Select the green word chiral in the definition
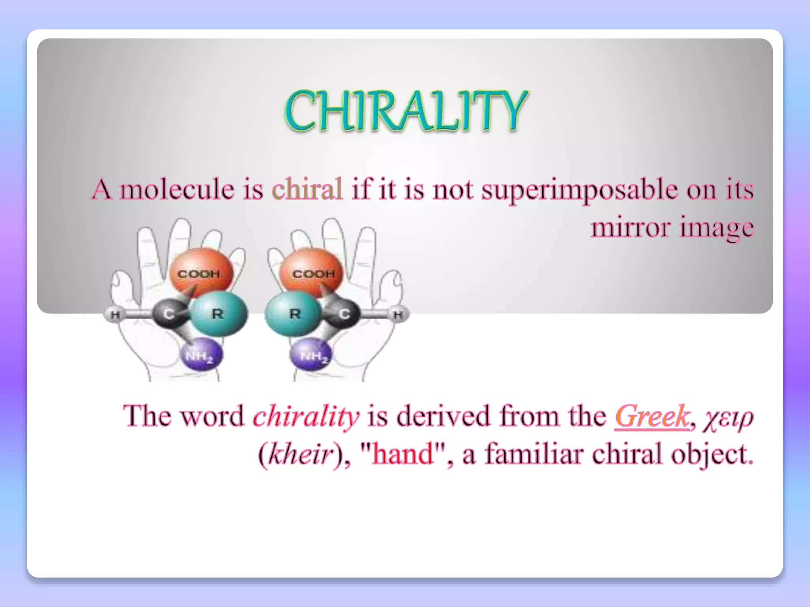pyautogui.click(x=307, y=189)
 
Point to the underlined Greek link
pyautogui.click(x=652, y=416)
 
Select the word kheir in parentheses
pyautogui.click(x=300, y=454)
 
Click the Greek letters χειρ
pyautogui.click(x=729, y=418)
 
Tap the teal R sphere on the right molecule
pyautogui.click(x=293, y=314)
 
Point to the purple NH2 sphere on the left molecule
pyautogui.click(x=201, y=354)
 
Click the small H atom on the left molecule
pyautogui.click(x=114, y=315)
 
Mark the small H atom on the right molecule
pyautogui.click(x=398, y=315)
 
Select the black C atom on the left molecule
pyautogui.click(x=169, y=314)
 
